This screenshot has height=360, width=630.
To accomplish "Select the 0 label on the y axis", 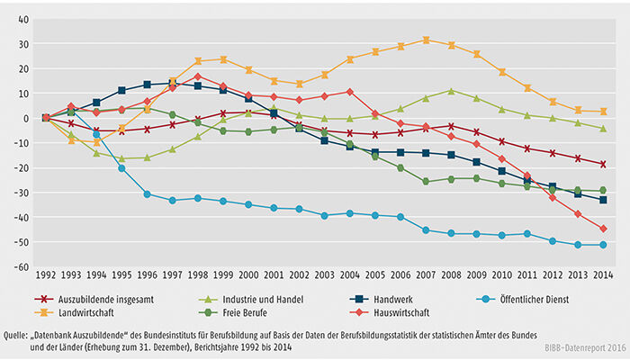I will point(26,118).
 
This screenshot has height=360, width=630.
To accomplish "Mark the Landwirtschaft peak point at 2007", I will point(426,40).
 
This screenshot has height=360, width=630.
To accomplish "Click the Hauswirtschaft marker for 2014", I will point(603,229).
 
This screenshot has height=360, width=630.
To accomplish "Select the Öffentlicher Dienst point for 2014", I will point(603,245).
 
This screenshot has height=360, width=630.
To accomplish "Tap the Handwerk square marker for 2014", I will point(603,200).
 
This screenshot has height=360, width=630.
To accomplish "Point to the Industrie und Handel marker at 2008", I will point(451,90).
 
